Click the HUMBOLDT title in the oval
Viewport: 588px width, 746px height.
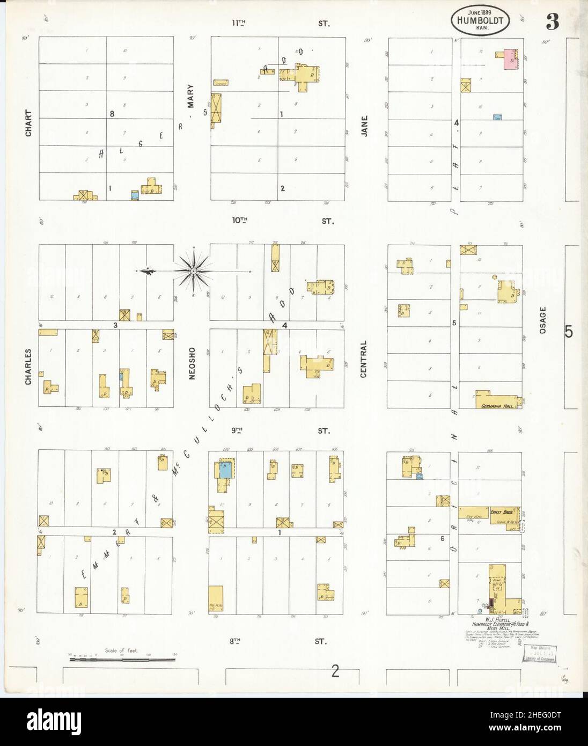point(480,21)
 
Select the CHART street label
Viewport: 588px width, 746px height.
point(28,123)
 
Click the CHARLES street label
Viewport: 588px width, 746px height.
point(28,368)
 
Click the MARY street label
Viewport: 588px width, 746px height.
point(190,97)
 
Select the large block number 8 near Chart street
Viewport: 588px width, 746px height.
point(112,114)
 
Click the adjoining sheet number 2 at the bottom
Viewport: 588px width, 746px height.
point(336,671)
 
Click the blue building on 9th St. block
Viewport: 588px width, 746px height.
point(226,470)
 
